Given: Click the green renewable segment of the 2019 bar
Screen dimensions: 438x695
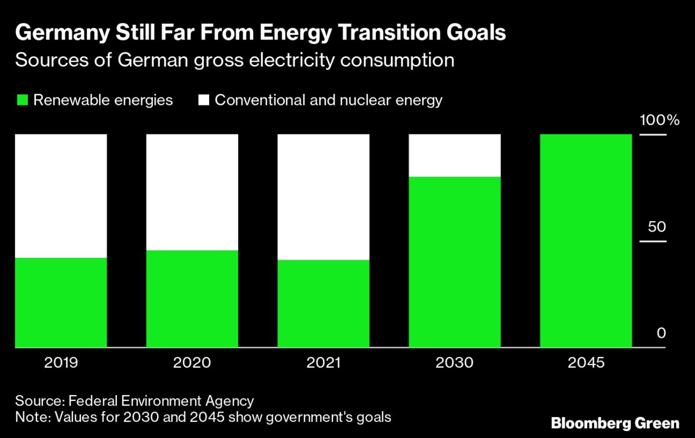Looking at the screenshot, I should (61, 302).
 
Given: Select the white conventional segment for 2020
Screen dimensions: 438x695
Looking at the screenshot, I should (192, 192).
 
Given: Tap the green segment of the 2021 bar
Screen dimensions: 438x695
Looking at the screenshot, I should (324, 304).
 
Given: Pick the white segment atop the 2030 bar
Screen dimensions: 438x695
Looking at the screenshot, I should (455, 155).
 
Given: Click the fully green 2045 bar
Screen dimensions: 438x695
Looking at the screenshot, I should (586, 240).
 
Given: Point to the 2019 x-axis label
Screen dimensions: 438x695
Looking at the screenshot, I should (61, 363).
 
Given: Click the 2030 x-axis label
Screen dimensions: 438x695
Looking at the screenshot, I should (455, 363).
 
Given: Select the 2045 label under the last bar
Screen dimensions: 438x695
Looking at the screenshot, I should (586, 363).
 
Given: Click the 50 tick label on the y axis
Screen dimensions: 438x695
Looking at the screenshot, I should (653, 227).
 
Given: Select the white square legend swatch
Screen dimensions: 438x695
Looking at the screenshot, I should (203, 100).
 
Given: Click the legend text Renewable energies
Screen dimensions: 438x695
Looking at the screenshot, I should (103, 100).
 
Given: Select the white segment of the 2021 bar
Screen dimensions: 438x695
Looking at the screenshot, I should (324, 197).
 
